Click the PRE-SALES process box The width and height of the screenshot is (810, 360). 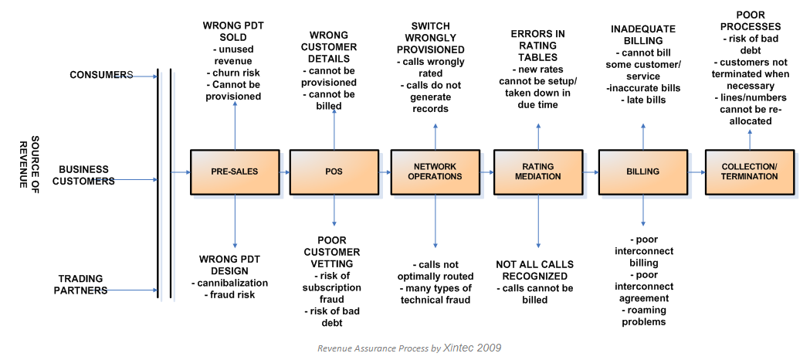click(235, 172)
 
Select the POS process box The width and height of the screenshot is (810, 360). click(334, 172)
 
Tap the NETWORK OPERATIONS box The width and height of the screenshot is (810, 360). click(435, 172)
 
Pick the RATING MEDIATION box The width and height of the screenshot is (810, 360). click(538, 172)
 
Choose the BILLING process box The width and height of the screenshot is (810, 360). click(643, 172)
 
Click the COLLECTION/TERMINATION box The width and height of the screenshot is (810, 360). click(750, 172)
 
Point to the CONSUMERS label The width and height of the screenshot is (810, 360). click(101, 75)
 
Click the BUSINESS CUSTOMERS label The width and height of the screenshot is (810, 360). click(86, 175)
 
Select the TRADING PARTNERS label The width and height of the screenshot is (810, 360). click(83, 284)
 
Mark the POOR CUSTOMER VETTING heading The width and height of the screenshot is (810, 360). click(332, 252)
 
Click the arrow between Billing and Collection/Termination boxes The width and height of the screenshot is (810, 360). click(696, 172)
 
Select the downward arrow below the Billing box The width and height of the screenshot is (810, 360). click(643, 210)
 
